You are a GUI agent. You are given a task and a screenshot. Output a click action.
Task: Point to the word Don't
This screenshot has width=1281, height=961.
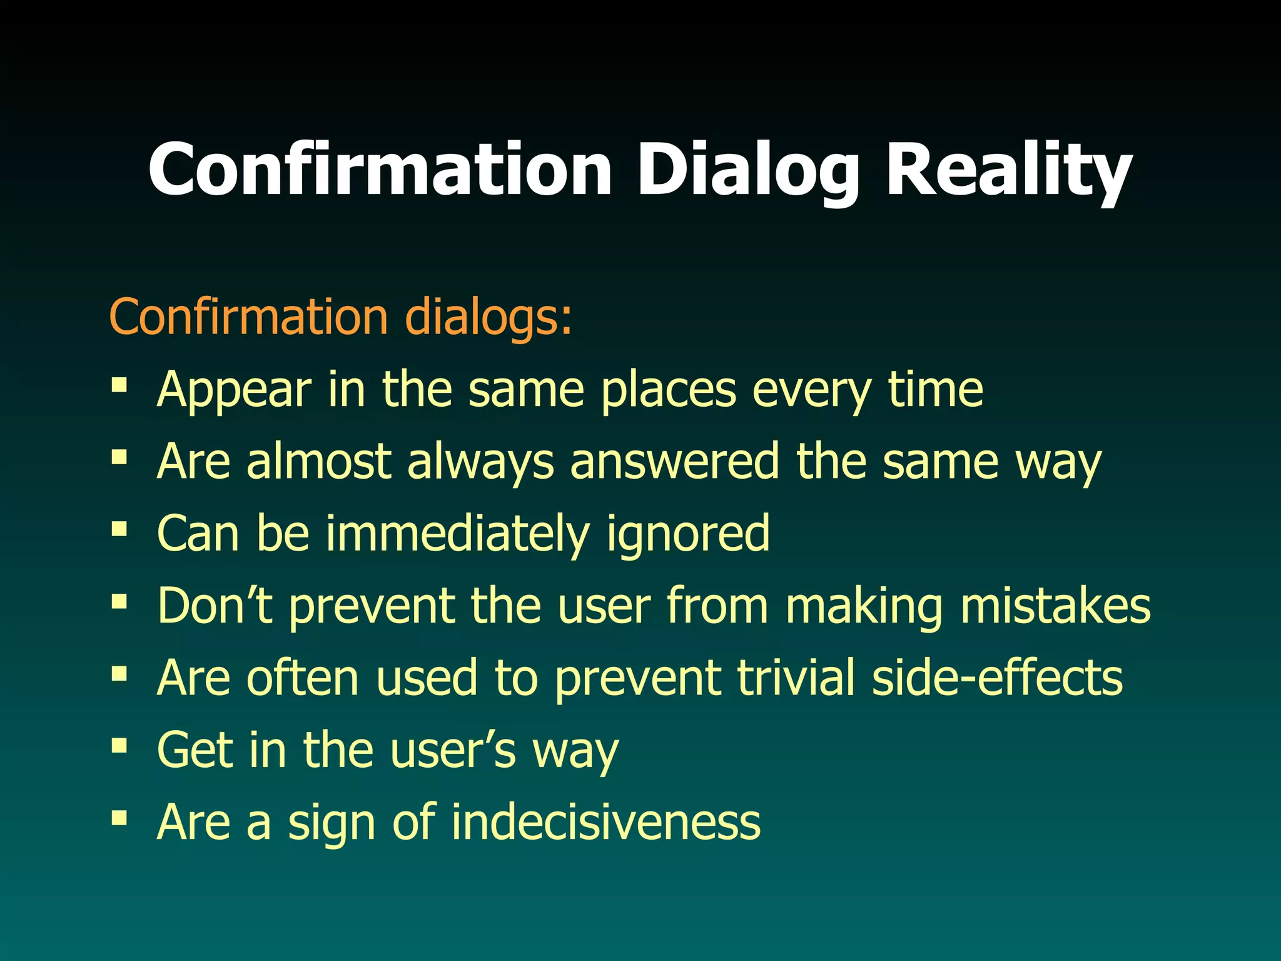[x=215, y=606]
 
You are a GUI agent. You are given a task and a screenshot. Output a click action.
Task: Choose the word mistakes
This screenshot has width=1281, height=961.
[x=1055, y=606]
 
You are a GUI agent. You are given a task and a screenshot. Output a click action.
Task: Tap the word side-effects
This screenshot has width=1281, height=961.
[x=997, y=678]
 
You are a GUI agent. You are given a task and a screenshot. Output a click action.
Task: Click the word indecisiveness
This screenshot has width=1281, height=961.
[x=605, y=821]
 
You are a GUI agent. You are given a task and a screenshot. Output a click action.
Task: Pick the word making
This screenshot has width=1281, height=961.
[x=864, y=606]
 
